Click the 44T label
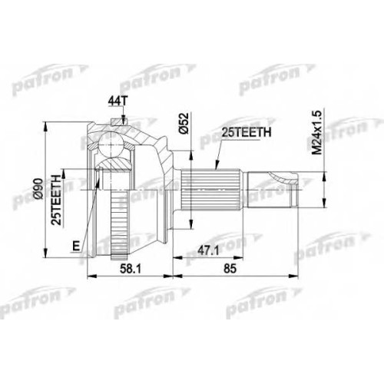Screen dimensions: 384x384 [x=118, y=101]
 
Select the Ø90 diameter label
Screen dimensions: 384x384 [x=38, y=189]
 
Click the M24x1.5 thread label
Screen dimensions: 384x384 [x=316, y=132]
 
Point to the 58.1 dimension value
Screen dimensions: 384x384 [x=131, y=269]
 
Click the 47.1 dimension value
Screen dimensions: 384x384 [x=209, y=251]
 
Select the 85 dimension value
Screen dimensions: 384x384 [x=230, y=269]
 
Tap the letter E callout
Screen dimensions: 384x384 [x=75, y=247]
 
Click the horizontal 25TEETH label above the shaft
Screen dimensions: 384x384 [x=246, y=133]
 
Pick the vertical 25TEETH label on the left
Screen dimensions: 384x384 [x=56, y=200]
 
